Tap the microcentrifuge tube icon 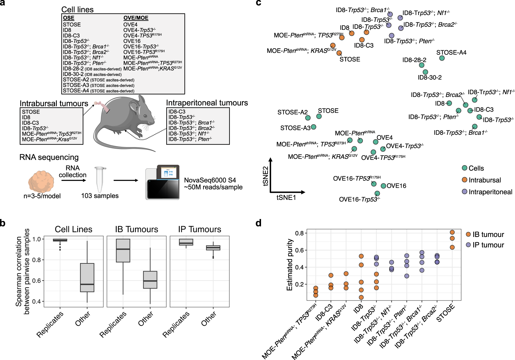(100, 179)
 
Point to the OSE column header (69, 18)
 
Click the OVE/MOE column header (136, 18)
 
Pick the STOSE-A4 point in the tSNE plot (442, 58)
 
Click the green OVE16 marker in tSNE (383, 186)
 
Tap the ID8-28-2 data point (421, 65)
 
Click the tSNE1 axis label (286, 198)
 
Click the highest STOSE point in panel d (452, 232)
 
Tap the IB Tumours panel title (136, 229)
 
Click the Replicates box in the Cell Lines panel (60, 240)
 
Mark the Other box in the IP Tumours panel (213, 248)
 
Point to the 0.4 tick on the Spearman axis (36, 301)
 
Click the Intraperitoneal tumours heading (207, 103)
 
